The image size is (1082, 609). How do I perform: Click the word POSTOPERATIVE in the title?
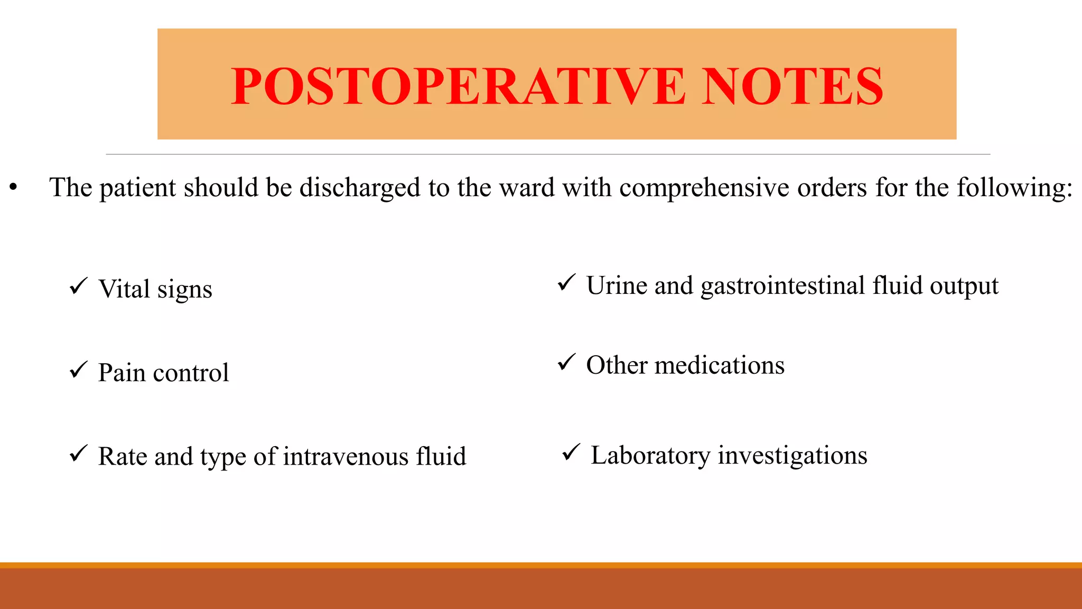[458, 86]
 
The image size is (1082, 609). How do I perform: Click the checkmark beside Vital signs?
[78, 287]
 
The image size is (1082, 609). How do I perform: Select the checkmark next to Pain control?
[78, 370]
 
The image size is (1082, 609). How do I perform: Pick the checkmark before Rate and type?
[78, 454]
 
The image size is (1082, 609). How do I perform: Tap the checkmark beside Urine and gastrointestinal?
[566, 283]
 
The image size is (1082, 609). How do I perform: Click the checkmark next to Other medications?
[566, 363]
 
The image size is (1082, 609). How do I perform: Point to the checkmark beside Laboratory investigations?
[571, 453]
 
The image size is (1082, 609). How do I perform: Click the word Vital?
[124, 289]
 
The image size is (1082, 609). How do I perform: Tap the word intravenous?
[346, 456]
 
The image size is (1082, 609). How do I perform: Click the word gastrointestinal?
[783, 287]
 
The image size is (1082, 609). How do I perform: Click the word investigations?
[792, 456]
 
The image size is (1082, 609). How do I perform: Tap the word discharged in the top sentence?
[360, 188]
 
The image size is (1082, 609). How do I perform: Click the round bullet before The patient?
[13, 187]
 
